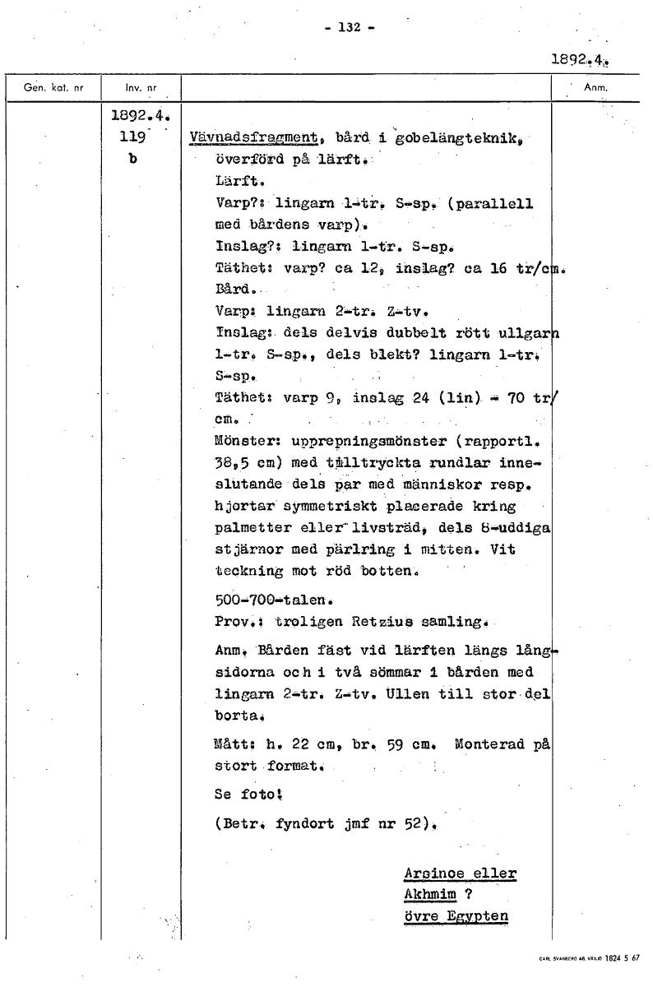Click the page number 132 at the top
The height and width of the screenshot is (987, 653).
pyautogui.click(x=350, y=26)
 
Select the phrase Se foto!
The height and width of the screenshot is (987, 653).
pyautogui.click(x=248, y=795)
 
